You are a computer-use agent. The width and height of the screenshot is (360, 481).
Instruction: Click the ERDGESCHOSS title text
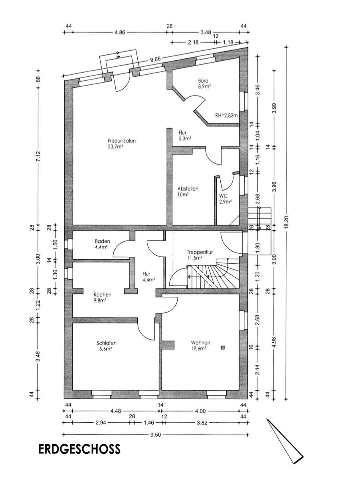[x=79, y=449]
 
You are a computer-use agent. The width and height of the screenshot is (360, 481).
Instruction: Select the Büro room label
[x=203, y=80]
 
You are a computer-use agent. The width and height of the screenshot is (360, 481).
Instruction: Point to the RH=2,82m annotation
[x=226, y=115]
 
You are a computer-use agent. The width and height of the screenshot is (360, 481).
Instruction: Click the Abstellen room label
[x=188, y=189]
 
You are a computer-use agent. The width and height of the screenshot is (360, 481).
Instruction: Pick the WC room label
[x=223, y=196]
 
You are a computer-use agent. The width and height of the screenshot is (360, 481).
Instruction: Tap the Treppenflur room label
[x=200, y=252]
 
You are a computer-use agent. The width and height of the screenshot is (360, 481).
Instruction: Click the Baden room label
[x=102, y=241]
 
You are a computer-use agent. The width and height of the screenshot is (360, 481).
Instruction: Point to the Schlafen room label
[x=107, y=343]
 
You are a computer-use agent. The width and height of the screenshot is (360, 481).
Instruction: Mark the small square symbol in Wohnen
[x=223, y=348]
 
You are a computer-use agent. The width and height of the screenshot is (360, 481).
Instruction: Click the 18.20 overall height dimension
[x=286, y=222]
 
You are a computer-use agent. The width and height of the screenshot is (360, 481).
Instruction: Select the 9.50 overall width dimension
[x=156, y=435]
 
